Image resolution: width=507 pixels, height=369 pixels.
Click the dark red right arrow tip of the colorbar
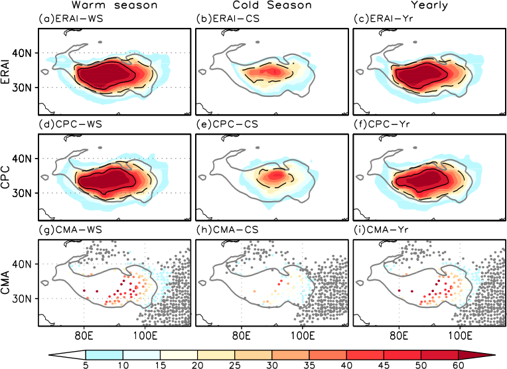coord(472,355)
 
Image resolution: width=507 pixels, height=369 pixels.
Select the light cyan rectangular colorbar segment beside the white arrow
coord(104,355)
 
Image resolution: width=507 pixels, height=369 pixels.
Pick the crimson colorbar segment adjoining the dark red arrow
coord(439,355)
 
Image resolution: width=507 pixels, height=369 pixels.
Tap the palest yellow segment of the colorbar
coord(179,355)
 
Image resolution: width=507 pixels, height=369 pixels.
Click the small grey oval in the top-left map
coord(100,42)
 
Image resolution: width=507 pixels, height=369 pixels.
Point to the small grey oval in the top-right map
coord(415,42)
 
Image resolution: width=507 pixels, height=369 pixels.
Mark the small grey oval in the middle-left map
coord(100,147)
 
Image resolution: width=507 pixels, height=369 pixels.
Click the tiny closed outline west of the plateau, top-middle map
coord(202,72)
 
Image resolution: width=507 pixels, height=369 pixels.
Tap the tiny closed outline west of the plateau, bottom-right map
coord(360,283)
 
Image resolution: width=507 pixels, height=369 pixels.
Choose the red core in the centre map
coord(273,176)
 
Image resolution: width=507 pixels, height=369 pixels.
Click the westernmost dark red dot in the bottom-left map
coord(84,290)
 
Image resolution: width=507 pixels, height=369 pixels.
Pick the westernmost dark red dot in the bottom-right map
coord(399,290)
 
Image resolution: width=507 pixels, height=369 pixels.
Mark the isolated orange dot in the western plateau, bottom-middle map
coord(254,291)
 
